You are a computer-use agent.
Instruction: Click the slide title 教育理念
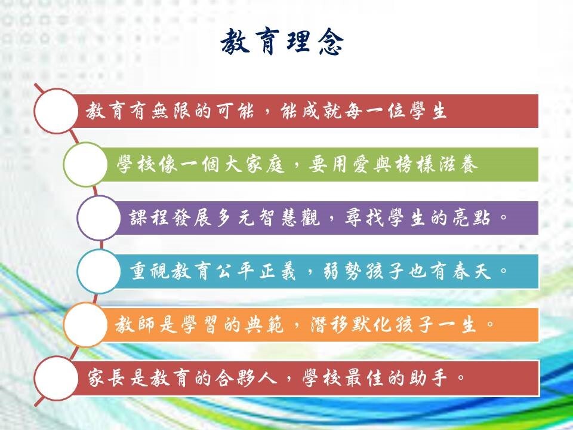pos(282,42)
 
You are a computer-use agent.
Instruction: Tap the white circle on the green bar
pos(85,165)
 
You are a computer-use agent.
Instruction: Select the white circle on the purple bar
pos(98,218)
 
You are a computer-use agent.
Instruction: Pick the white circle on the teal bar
pos(98,271)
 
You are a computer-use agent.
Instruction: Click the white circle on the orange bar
pos(85,325)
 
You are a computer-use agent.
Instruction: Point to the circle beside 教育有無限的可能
pos(56,111)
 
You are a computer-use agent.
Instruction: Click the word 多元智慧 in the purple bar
pos(257,218)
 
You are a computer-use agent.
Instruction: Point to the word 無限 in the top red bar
pos(170,111)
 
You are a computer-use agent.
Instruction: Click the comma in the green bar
pos(297,168)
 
